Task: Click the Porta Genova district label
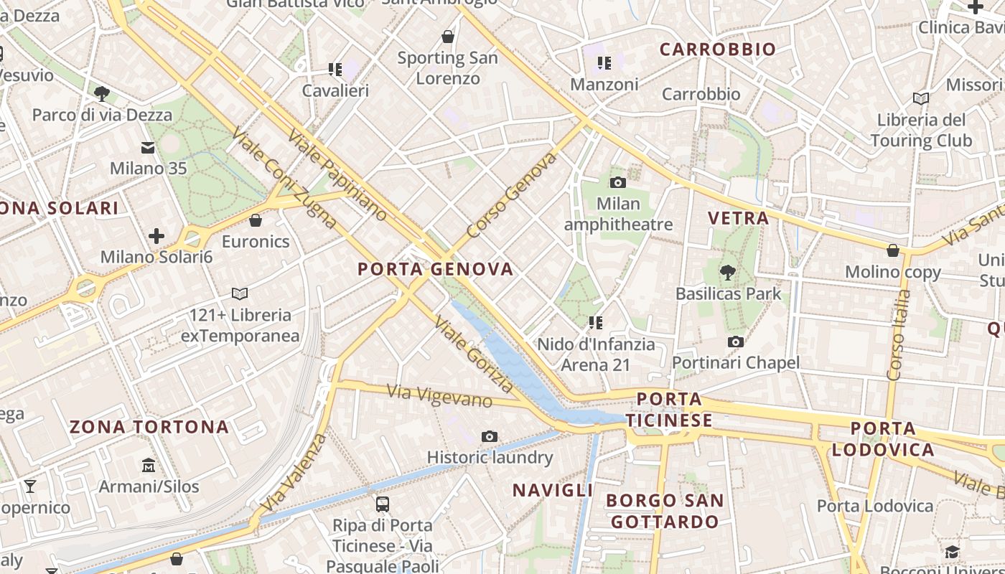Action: (x=436, y=270)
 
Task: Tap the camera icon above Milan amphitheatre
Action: (x=617, y=183)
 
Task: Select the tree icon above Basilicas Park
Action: (x=728, y=272)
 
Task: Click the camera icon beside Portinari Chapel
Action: (x=735, y=342)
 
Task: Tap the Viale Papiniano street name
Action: (x=337, y=176)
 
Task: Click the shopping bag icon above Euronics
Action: (x=255, y=220)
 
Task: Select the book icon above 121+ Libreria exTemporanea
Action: (x=240, y=293)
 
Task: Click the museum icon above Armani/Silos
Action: (x=149, y=465)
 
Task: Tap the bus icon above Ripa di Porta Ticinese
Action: (x=383, y=504)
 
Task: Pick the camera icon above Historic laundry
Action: (x=490, y=436)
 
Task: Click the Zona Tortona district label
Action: (x=149, y=428)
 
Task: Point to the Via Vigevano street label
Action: (x=439, y=395)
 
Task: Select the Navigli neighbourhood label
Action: (x=552, y=491)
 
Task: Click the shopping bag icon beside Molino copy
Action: (x=893, y=250)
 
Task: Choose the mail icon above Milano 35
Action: (x=148, y=148)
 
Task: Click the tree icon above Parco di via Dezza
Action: (x=102, y=93)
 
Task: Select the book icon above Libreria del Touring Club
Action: (x=921, y=98)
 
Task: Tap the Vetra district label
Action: (x=738, y=218)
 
